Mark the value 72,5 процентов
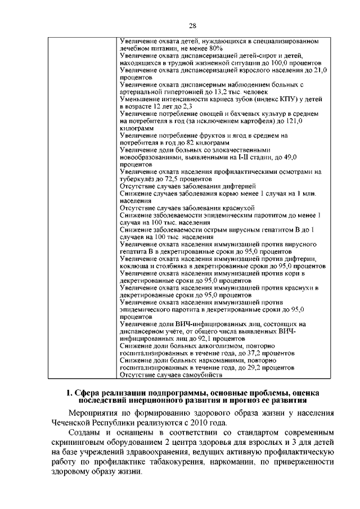[x=172, y=178]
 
